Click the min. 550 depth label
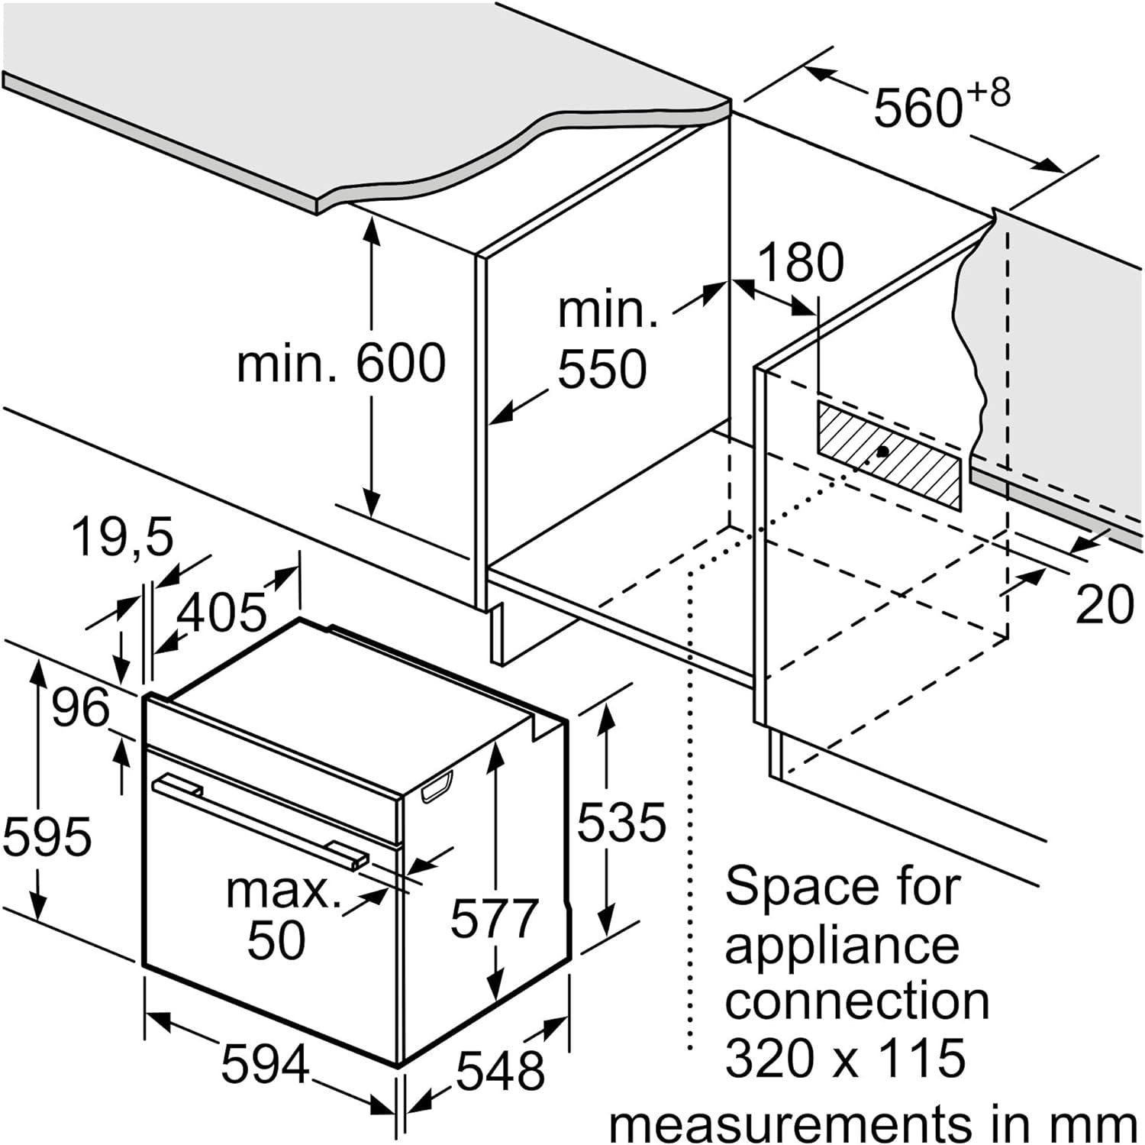tap(607, 340)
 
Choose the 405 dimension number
tap(222, 613)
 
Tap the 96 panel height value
tap(81, 708)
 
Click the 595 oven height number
tap(47, 835)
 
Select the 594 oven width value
tap(266, 1064)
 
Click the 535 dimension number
tap(621, 823)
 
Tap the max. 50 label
tap(282, 914)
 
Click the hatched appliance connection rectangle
tap(889, 455)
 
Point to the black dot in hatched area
tap(882, 451)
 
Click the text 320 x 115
tap(845, 1058)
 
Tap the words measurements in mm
tap(873, 1123)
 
